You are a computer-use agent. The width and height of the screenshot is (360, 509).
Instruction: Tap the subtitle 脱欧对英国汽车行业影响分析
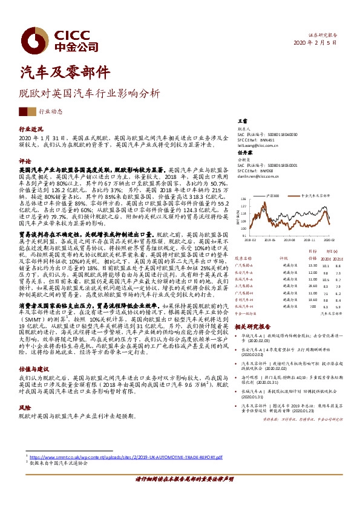90,94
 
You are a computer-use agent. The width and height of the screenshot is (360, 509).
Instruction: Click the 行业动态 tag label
51,112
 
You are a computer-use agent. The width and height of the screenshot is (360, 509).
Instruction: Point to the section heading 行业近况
31,129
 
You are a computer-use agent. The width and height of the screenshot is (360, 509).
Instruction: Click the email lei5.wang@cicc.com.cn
258,146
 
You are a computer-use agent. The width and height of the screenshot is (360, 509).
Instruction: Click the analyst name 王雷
243,122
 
